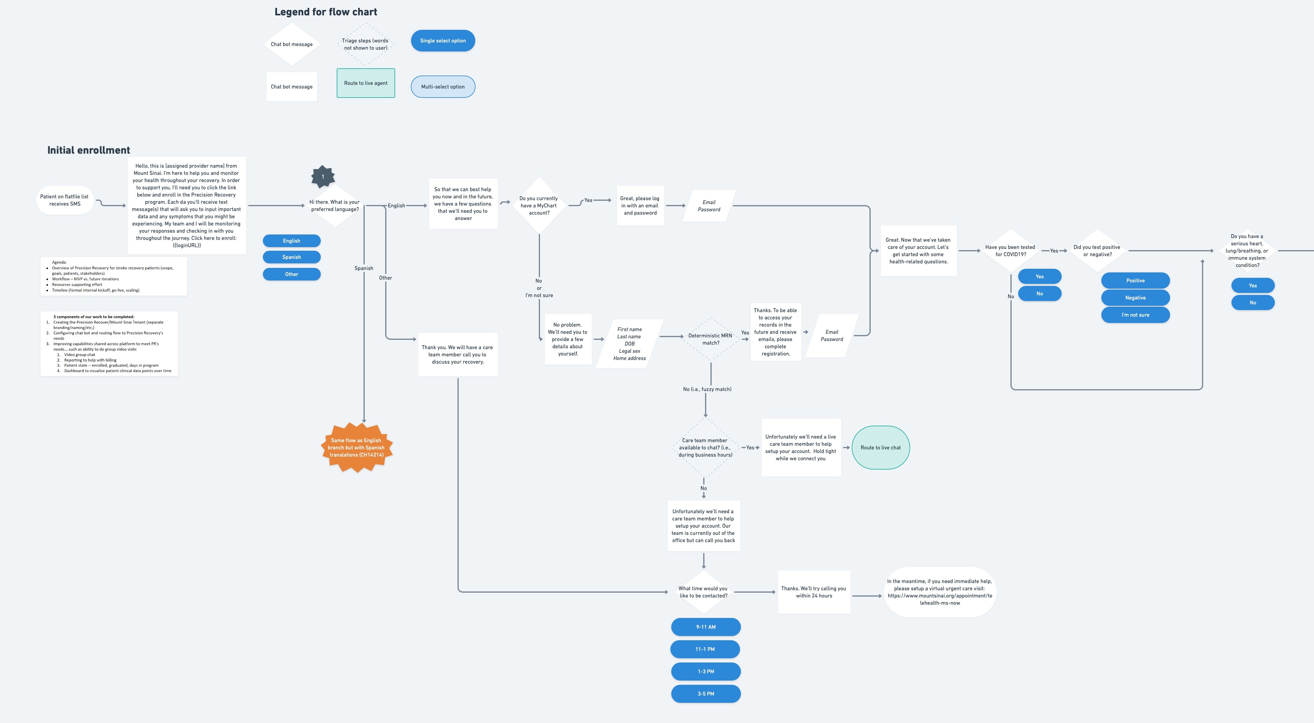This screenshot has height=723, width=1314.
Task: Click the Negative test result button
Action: tap(1135, 298)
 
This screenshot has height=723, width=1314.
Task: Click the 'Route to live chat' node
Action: tap(880, 448)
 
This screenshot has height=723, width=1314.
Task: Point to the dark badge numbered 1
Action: tap(323, 176)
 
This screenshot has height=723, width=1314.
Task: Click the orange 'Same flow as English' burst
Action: tap(357, 448)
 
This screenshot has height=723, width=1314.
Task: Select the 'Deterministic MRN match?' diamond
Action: tap(710, 339)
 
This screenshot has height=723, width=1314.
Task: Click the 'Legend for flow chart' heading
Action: tap(326, 12)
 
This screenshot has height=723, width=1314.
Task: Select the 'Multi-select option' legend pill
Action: tap(443, 87)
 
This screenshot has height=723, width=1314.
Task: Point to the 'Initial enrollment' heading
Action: tap(89, 150)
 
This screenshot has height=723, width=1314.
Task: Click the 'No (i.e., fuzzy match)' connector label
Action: tap(707, 389)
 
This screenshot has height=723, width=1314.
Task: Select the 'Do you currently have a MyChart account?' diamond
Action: tap(539, 206)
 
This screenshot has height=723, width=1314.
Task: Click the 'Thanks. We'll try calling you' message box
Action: tap(814, 592)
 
